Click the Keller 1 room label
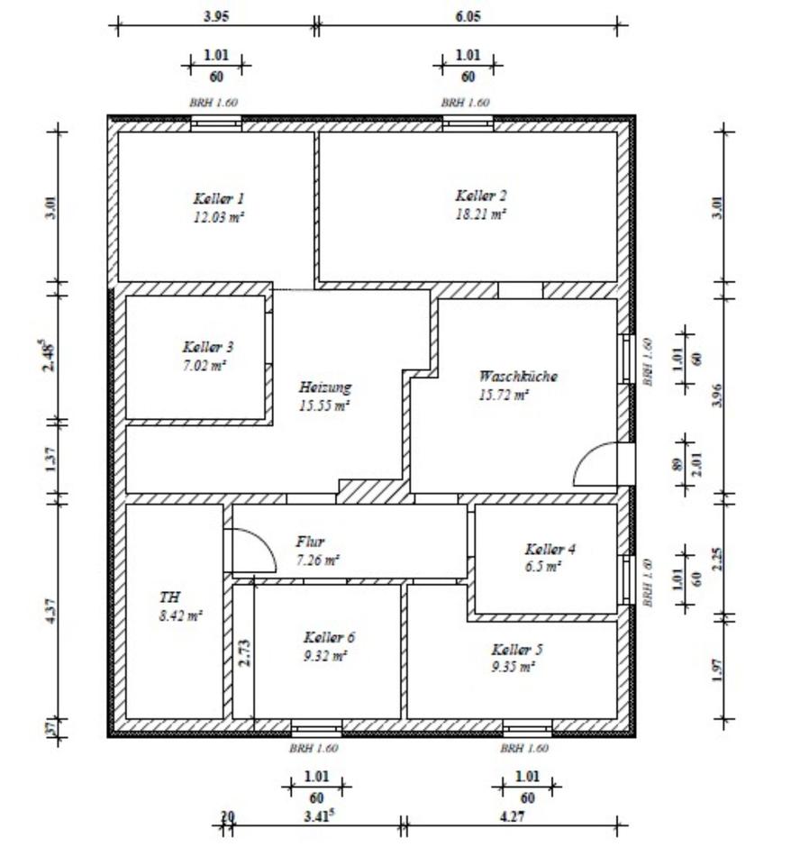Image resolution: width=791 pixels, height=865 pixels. click(219, 198)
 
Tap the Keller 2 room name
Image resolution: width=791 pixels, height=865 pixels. click(481, 196)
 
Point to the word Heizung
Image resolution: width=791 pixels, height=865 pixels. click(324, 387)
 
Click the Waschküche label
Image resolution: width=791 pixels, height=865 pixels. click(517, 377)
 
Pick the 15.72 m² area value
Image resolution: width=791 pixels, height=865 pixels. click(504, 395)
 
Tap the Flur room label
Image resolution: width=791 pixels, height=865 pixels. click(310, 542)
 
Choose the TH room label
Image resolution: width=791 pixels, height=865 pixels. click(169, 597)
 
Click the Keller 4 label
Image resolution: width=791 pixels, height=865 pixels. click(550, 550)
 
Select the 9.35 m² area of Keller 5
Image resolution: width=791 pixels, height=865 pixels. click(514, 667)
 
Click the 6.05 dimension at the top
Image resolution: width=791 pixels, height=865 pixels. click(468, 16)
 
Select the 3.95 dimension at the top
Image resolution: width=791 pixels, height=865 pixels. click(216, 16)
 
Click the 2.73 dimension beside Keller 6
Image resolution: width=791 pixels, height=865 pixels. click(244, 651)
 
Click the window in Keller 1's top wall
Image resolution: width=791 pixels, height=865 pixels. click(216, 123)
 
